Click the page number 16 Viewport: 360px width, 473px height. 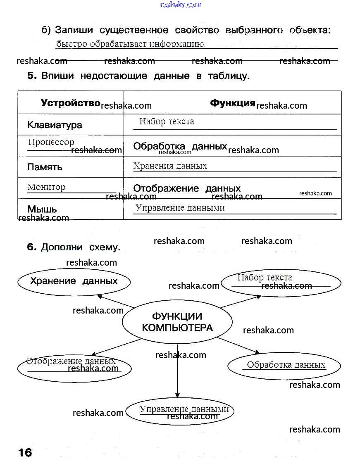25,453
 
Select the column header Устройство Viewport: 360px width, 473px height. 71,103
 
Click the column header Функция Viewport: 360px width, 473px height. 232,103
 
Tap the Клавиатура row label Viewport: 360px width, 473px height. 55,125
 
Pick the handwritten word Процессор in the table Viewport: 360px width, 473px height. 51,142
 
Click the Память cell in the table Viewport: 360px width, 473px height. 45,167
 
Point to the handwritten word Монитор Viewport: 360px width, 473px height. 46,187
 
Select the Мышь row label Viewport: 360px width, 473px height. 42,209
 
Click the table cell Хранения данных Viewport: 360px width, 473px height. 170,166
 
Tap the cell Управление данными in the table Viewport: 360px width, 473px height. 180,207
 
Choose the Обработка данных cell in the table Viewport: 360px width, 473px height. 180,146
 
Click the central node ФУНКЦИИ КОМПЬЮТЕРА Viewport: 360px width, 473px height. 177,322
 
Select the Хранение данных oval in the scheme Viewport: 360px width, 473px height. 74,282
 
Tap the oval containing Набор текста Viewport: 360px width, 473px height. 281,283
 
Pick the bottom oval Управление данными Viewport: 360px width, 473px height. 180,411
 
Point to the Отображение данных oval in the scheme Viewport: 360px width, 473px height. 74,366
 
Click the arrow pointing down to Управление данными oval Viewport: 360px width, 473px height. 177,372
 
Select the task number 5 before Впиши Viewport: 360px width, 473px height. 32,76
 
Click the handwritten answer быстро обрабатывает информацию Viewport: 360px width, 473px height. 130,44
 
